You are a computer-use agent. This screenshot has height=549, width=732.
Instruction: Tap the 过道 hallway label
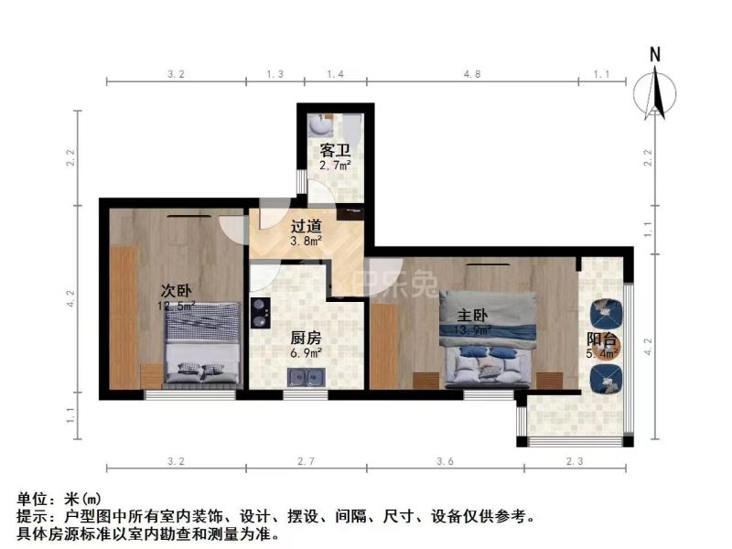(x=307, y=226)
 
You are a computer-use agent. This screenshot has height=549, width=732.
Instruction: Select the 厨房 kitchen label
(x=307, y=336)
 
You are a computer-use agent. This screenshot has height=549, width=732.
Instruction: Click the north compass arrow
(x=655, y=87)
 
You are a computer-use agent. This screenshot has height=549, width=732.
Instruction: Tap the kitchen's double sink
(x=305, y=375)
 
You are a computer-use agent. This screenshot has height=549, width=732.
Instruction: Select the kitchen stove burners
(x=259, y=312)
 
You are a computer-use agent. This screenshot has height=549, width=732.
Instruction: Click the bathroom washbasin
(x=320, y=124)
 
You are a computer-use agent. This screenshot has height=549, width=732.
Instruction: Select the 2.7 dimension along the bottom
(x=307, y=462)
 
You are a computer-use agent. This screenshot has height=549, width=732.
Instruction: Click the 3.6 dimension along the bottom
(x=446, y=462)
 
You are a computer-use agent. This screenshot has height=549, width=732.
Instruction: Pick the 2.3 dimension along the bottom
(x=576, y=462)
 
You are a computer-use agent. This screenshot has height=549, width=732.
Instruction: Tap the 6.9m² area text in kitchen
(x=307, y=352)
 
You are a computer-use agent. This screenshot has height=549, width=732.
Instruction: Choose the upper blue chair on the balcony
(x=605, y=314)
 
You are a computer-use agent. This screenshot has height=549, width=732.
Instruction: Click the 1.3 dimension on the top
(x=274, y=74)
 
